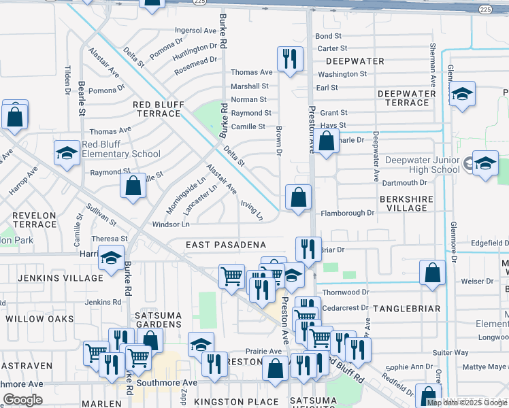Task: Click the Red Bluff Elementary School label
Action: (x=121, y=149)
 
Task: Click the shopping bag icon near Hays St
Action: (x=327, y=142)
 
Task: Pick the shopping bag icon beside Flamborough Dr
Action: (x=298, y=199)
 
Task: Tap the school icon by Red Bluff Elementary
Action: (x=67, y=156)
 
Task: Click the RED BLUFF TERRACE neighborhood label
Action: (x=157, y=109)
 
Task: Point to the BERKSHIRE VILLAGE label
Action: (x=404, y=203)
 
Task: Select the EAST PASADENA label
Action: (x=225, y=245)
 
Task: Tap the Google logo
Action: (x=22, y=400)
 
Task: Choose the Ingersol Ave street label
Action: (x=195, y=31)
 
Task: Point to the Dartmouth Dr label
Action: (x=404, y=183)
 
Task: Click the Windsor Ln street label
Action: (x=170, y=224)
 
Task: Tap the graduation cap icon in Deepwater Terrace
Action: (x=462, y=95)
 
